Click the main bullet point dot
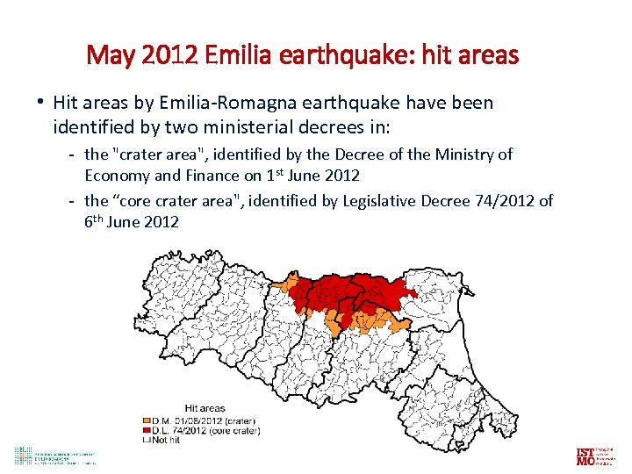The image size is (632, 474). (x=41, y=101)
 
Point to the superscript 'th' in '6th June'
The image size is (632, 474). (x=97, y=219)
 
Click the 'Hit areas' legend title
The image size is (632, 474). (x=205, y=407)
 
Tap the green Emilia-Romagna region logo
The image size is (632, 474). (x=22, y=455)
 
